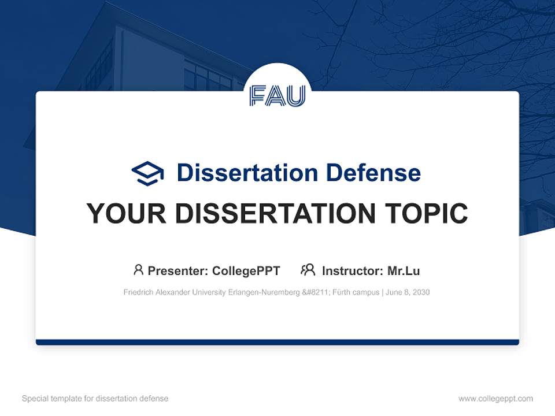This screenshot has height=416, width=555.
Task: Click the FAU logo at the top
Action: pyautogui.click(x=277, y=96)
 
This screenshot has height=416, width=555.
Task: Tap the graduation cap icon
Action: pyautogui.click(x=147, y=173)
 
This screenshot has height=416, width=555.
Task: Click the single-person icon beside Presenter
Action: pyautogui.click(x=138, y=270)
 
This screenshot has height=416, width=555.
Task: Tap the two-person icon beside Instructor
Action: pyautogui.click(x=308, y=270)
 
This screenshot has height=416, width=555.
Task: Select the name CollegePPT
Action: pyautogui.click(x=246, y=270)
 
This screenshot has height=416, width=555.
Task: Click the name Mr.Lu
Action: pyautogui.click(x=404, y=270)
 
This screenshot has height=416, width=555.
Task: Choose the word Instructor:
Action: pyautogui.click(x=353, y=270)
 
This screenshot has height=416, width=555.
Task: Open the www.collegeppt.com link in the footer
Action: pyautogui.click(x=495, y=399)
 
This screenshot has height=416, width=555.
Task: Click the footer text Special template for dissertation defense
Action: pyautogui.click(x=95, y=399)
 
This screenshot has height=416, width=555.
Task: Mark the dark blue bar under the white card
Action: pyautogui.click(x=277, y=342)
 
